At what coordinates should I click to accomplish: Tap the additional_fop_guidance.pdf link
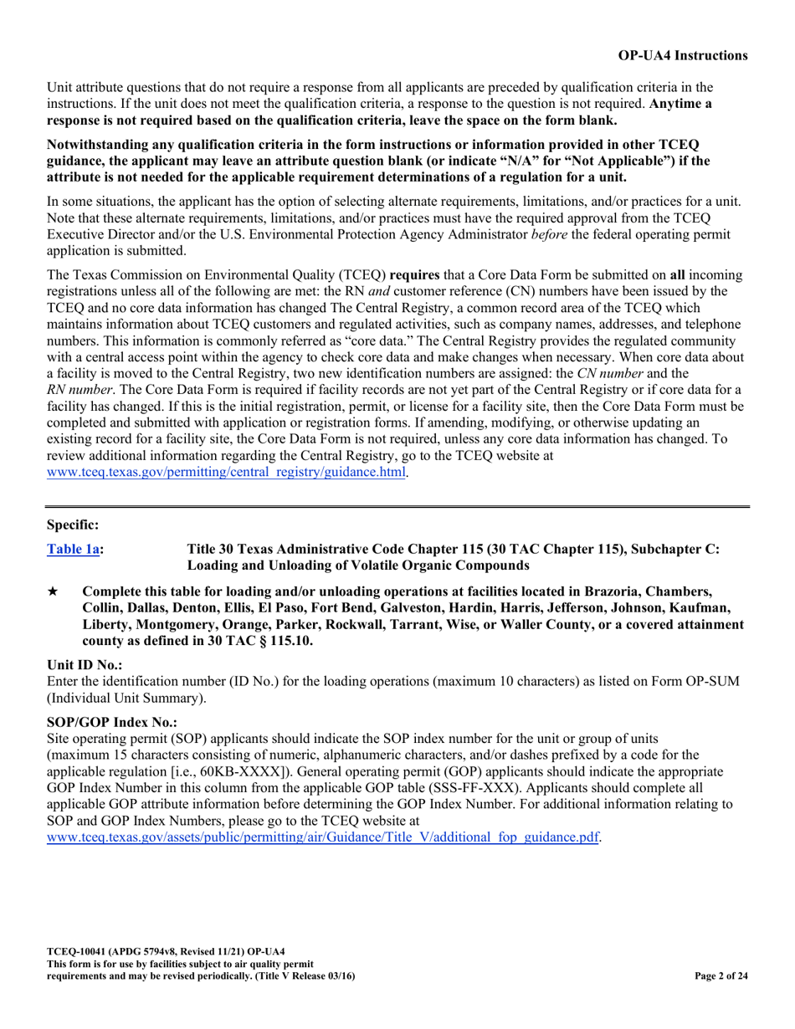[x=323, y=837]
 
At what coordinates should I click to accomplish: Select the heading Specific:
[x=72, y=525]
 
